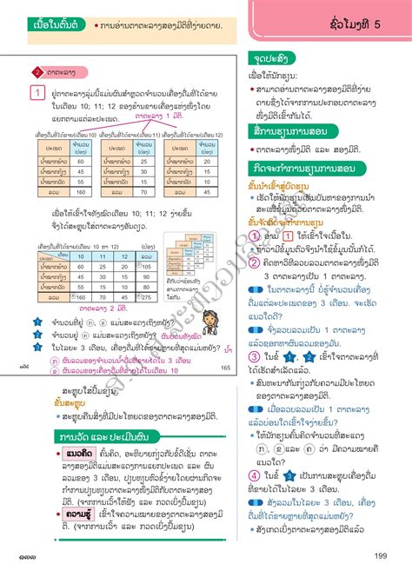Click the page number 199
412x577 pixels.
[x=380, y=556]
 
